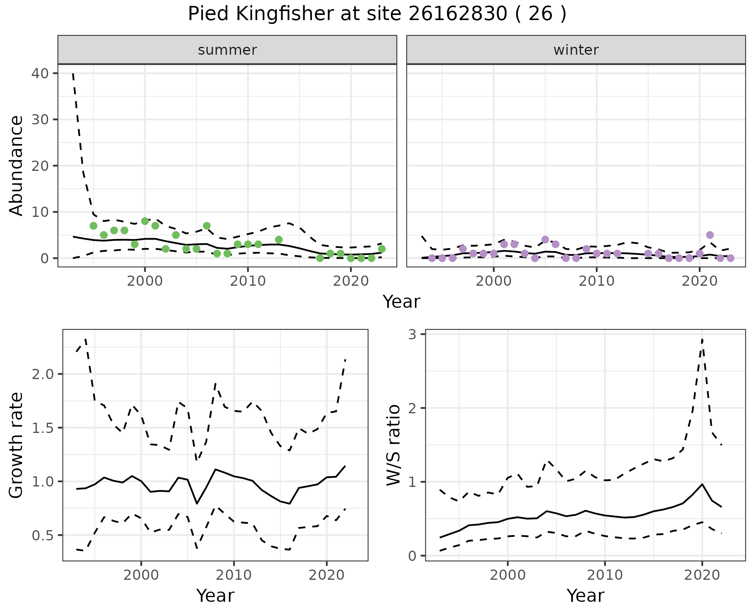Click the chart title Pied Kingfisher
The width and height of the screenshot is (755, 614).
pos(377,14)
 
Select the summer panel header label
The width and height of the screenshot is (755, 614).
pos(227,50)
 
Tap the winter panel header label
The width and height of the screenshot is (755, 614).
pos(576,50)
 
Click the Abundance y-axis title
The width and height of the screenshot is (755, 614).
pos(17,165)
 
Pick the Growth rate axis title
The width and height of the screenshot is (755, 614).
pos(17,445)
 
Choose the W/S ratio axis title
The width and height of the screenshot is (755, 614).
pos(394,445)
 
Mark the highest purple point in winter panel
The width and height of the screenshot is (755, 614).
pos(710,235)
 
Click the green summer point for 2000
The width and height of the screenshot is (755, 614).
pos(145,221)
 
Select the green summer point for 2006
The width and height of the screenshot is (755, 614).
pos(206,226)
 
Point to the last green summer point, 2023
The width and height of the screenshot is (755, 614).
pos(381,249)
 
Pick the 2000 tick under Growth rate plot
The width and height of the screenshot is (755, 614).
pos(141,575)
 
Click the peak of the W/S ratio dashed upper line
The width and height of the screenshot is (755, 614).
pos(702,339)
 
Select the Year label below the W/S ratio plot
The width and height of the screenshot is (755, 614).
pos(585,596)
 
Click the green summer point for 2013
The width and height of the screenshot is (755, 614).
pos(279,240)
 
